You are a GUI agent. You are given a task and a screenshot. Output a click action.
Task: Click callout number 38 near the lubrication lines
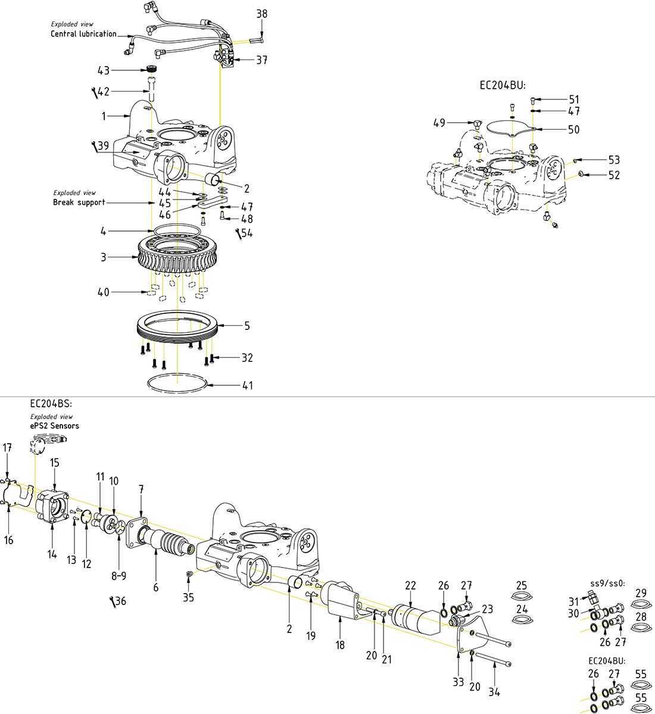(x=262, y=13)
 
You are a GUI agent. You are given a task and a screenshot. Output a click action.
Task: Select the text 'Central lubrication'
(x=83, y=34)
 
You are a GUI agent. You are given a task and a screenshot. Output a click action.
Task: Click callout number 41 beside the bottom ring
(x=247, y=385)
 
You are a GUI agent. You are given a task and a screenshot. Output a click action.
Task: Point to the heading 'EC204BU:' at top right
(x=503, y=85)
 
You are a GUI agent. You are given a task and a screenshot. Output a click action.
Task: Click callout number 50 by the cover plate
(x=573, y=129)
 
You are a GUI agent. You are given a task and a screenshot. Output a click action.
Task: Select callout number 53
(x=614, y=160)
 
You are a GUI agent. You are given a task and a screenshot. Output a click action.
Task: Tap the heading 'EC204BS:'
(x=51, y=403)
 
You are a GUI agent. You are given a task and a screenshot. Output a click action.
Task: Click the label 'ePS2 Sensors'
(x=54, y=426)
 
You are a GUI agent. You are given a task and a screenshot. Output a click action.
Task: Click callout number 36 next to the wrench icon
(x=120, y=601)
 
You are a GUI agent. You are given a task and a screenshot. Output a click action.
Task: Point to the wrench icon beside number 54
(x=239, y=233)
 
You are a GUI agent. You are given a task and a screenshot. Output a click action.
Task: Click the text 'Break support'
(x=79, y=202)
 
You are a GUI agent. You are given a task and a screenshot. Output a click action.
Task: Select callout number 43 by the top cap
(x=104, y=70)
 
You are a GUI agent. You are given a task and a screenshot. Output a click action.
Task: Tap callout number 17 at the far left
(x=7, y=447)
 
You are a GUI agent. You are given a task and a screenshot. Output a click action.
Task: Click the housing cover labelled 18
(x=342, y=601)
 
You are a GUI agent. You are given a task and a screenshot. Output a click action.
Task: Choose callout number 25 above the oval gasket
(x=522, y=585)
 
